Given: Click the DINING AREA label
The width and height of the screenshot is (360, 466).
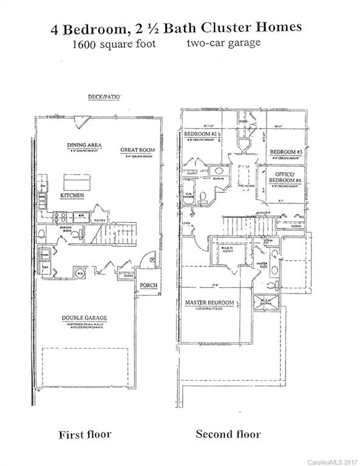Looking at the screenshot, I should pyautogui.click(x=84, y=145).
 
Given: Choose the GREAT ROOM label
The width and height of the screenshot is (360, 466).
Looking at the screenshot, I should pyautogui.click(x=135, y=149).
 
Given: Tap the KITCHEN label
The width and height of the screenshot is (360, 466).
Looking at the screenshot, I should pyautogui.click(x=72, y=197).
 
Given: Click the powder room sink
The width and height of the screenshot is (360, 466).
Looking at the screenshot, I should pyautogui.click(x=41, y=233).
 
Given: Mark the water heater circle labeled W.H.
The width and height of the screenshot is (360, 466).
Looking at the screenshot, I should pyautogui.click(x=80, y=273).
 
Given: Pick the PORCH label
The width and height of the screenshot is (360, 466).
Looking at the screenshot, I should pyautogui.click(x=149, y=285).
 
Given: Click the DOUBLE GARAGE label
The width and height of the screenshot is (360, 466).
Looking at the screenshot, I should pyautogui.click(x=84, y=319).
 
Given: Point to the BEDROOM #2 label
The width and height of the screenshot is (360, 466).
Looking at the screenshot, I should pyautogui.click(x=200, y=133).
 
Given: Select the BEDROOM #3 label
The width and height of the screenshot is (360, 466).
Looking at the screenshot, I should pyautogui.click(x=285, y=152).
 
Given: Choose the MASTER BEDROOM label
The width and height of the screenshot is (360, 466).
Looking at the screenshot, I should pyautogui.click(x=209, y=302).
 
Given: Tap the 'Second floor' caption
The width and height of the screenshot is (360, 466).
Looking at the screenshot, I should pyautogui.click(x=228, y=434).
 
